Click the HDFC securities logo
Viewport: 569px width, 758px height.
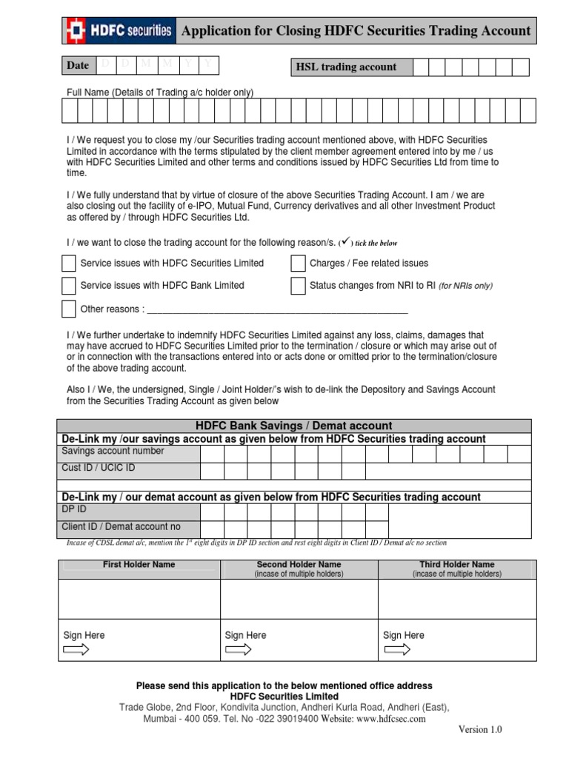pyautogui.click(x=119, y=30)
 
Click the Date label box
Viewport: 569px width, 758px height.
pyautogui.click(x=78, y=66)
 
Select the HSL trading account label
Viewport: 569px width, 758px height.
pyautogui.click(x=346, y=67)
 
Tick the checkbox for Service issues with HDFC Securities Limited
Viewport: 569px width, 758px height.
pyautogui.click(x=69, y=264)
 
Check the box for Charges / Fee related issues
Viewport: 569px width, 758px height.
pyautogui.click(x=298, y=264)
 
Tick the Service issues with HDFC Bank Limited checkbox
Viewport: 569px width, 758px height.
pyautogui.click(x=69, y=286)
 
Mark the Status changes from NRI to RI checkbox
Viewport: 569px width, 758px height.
pyautogui.click(x=298, y=286)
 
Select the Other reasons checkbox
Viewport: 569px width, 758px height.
pyautogui.click(x=69, y=309)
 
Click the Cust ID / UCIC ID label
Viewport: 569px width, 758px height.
pyautogui.click(x=99, y=469)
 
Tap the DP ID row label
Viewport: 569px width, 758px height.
pyautogui.click(x=74, y=510)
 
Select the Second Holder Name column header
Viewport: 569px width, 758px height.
pyautogui.click(x=299, y=565)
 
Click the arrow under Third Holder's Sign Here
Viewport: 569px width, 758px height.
pyautogui.click(x=396, y=651)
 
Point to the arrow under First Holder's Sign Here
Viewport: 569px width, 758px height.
pyautogui.click(x=76, y=651)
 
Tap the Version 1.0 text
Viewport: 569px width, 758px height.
pyautogui.click(x=479, y=730)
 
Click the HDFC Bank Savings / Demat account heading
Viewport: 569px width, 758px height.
pyautogui.click(x=293, y=426)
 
